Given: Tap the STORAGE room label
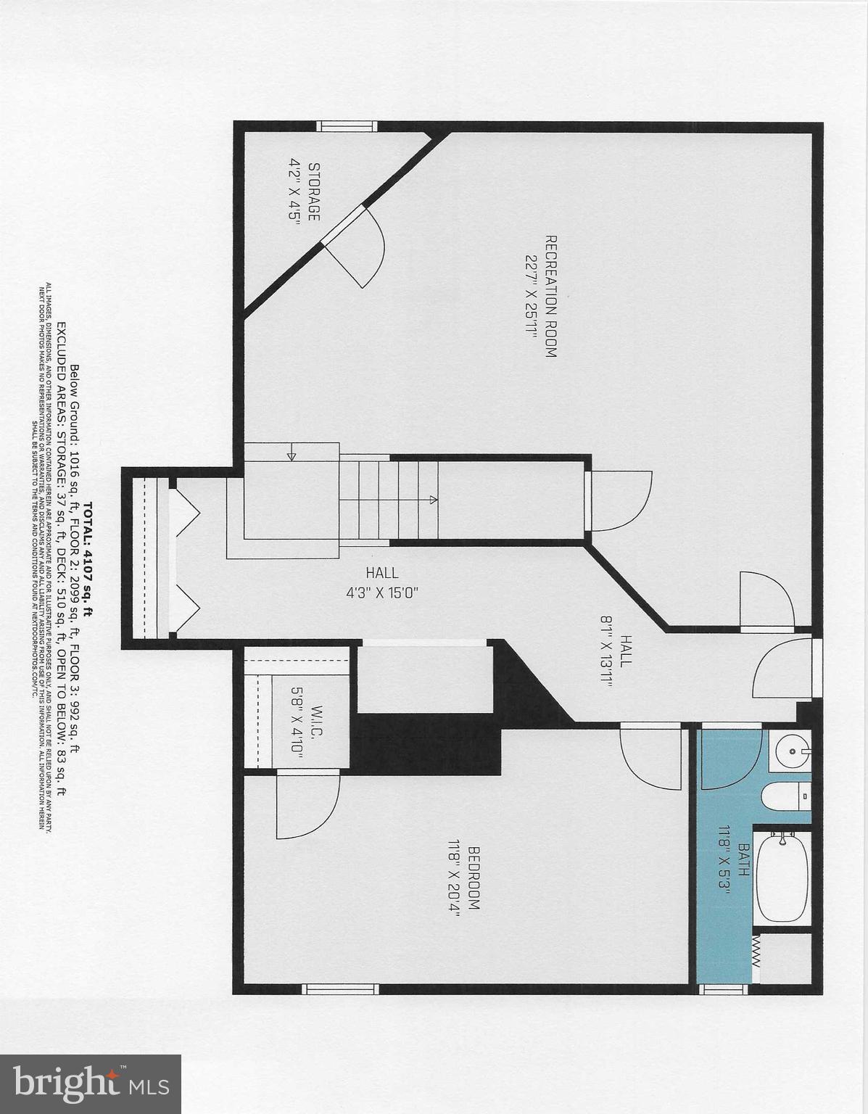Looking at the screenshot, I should click(314, 191).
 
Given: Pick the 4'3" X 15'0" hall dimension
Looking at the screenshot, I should click(382, 592).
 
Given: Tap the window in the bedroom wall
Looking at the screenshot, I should click(340, 989).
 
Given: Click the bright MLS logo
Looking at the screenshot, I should click(91, 1084).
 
